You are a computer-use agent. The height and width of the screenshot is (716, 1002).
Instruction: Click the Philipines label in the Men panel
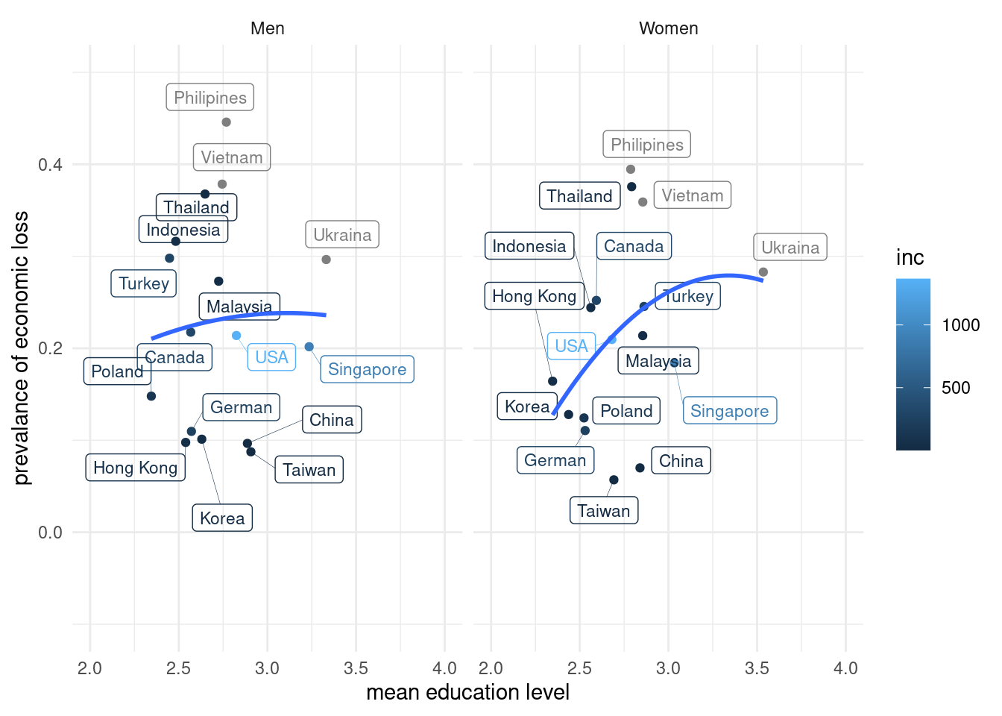tap(209, 98)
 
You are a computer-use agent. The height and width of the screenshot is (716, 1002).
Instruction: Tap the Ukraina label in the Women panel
tap(790, 248)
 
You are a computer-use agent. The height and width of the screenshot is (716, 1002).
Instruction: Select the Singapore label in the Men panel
tap(367, 369)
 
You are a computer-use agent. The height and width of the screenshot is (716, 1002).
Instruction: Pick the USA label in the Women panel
tap(571, 346)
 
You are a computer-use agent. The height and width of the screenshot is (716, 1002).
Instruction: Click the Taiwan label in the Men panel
tap(309, 470)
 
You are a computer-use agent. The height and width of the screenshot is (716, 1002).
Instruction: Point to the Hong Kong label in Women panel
tap(534, 296)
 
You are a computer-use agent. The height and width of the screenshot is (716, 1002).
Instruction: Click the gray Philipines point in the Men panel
tap(226, 122)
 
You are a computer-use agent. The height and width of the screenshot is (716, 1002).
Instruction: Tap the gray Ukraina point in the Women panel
tap(763, 272)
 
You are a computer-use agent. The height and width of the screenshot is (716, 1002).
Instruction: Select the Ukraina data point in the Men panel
tap(326, 260)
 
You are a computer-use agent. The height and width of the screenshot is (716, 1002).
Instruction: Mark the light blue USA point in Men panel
tap(236, 336)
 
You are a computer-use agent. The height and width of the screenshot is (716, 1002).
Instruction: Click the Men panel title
tap(267, 28)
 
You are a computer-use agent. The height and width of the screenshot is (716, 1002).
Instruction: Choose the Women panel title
tap(668, 28)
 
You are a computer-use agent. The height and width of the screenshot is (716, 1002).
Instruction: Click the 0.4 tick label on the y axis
tap(50, 165)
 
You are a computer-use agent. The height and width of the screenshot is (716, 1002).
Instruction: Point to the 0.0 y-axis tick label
tap(50, 533)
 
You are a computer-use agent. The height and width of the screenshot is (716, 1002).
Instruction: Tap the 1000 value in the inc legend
tap(960, 325)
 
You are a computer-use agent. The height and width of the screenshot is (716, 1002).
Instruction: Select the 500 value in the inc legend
tap(956, 388)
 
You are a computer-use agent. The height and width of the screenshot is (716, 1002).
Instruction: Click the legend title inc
tap(910, 258)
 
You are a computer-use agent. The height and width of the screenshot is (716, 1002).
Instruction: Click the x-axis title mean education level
tap(467, 692)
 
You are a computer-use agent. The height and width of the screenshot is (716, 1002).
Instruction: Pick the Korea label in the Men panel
tap(222, 518)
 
